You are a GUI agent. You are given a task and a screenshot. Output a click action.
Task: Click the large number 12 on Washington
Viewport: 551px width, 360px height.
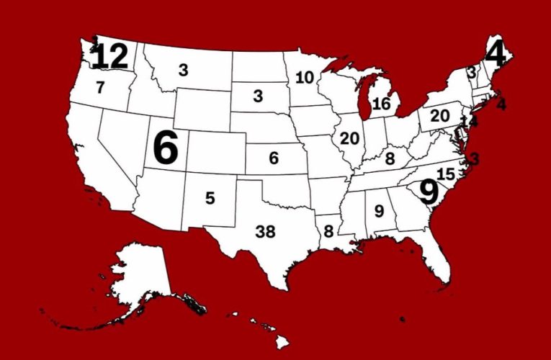click(x=109, y=56)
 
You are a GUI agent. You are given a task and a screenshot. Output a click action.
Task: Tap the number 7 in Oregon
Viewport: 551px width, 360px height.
click(x=100, y=88)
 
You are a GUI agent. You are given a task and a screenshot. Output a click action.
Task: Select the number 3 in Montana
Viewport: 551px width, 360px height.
click(x=183, y=70)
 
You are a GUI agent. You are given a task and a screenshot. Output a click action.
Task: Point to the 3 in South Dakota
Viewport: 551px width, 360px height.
click(x=257, y=96)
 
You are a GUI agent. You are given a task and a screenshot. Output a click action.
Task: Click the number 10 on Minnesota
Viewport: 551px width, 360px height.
click(x=304, y=77)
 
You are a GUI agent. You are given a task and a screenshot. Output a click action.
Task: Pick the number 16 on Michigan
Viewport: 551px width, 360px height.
click(x=381, y=104)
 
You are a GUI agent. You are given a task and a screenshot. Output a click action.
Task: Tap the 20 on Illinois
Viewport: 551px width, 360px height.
click(x=349, y=138)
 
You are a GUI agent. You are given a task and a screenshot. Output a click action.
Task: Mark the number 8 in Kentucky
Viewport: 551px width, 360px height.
click(x=390, y=158)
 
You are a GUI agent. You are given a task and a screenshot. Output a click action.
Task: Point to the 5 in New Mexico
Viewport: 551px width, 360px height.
click(x=210, y=197)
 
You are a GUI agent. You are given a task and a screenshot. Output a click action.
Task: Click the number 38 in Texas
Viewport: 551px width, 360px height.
click(x=266, y=232)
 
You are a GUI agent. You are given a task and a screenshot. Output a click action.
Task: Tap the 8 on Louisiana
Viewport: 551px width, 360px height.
click(x=328, y=232)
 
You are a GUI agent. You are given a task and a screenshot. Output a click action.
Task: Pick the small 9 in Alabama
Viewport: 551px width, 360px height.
click(x=378, y=212)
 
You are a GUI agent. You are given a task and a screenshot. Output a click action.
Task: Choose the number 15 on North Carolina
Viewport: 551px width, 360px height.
click(x=445, y=174)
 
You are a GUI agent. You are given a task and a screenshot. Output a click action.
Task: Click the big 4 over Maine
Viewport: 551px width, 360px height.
click(x=496, y=52)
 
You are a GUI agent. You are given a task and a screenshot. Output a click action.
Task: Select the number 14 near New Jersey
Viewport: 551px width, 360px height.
click(x=470, y=122)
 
